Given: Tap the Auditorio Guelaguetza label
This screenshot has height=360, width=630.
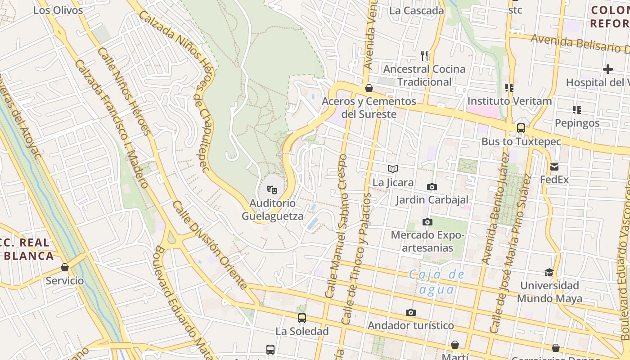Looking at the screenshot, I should [x=272, y=210].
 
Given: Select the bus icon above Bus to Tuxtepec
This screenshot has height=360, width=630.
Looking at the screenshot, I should [x=521, y=128].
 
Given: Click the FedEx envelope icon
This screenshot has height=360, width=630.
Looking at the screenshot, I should [x=554, y=167].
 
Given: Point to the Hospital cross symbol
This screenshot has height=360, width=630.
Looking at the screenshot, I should [x=608, y=69].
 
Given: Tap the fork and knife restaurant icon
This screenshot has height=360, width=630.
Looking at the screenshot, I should [x=424, y=56].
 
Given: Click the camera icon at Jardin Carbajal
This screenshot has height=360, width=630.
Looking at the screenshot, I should [x=432, y=187].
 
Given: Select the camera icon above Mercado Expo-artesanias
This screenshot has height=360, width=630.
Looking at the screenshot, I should [x=427, y=222].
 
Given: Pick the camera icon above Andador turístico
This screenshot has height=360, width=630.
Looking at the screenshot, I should [x=410, y=312].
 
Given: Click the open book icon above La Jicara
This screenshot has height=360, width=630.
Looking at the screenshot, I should [x=393, y=169].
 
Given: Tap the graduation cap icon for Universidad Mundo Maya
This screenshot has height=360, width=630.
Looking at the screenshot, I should [x=549, y=272].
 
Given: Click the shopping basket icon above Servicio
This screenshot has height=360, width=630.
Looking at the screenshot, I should [x=65, y=267].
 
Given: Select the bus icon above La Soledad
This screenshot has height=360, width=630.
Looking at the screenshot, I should [x=302, y=318].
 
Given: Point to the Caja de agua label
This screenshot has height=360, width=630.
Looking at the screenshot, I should [x=436, y=282].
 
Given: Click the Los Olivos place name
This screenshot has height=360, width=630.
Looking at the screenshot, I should [x=58, y=10].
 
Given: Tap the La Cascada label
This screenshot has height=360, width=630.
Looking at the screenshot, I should [x=417, y=10].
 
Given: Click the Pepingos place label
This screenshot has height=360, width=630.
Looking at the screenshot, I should [x=577, y=123].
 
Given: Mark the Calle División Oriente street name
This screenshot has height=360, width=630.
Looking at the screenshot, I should [x=210, y=245].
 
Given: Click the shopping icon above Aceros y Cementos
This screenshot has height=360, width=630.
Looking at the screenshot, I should [x=369, y=88].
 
